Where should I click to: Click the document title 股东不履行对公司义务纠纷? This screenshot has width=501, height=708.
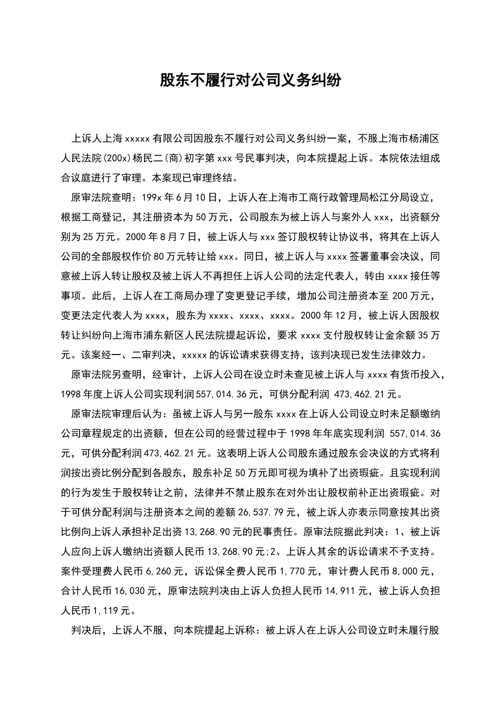250,81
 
